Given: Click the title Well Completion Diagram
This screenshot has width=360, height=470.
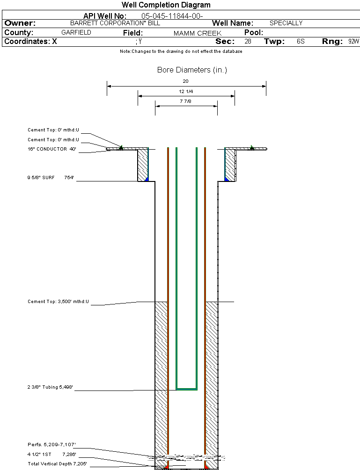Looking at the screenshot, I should click(166, 5).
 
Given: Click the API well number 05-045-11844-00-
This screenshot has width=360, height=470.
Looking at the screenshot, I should click(172, 16).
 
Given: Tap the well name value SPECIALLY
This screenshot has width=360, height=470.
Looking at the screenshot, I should click(286, 23).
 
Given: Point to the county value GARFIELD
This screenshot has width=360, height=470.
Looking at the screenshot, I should click(76, 33).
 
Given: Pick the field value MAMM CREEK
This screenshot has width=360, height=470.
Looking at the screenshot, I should click(197, 33).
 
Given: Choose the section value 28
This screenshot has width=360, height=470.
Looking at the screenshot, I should click(248, 42).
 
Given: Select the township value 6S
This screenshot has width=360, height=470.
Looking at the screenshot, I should click(301, 42).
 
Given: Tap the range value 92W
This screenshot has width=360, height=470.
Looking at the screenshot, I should click(353, 42).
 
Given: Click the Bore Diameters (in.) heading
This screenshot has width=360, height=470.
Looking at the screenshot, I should click(192, 70).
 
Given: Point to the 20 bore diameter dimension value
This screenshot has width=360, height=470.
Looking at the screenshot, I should click(186, 81).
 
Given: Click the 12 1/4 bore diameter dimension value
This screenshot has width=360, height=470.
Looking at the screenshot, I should click(186, 92).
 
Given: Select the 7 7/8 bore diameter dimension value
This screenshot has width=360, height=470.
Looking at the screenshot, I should click(186, 101).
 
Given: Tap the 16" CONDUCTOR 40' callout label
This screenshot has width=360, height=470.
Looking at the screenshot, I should click(52, 149).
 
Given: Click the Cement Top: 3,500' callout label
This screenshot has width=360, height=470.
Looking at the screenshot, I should click(58, 302).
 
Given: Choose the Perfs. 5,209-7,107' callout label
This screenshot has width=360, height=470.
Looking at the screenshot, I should click(51, 444).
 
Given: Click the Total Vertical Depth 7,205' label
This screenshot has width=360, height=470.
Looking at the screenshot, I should click(57, 463).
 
